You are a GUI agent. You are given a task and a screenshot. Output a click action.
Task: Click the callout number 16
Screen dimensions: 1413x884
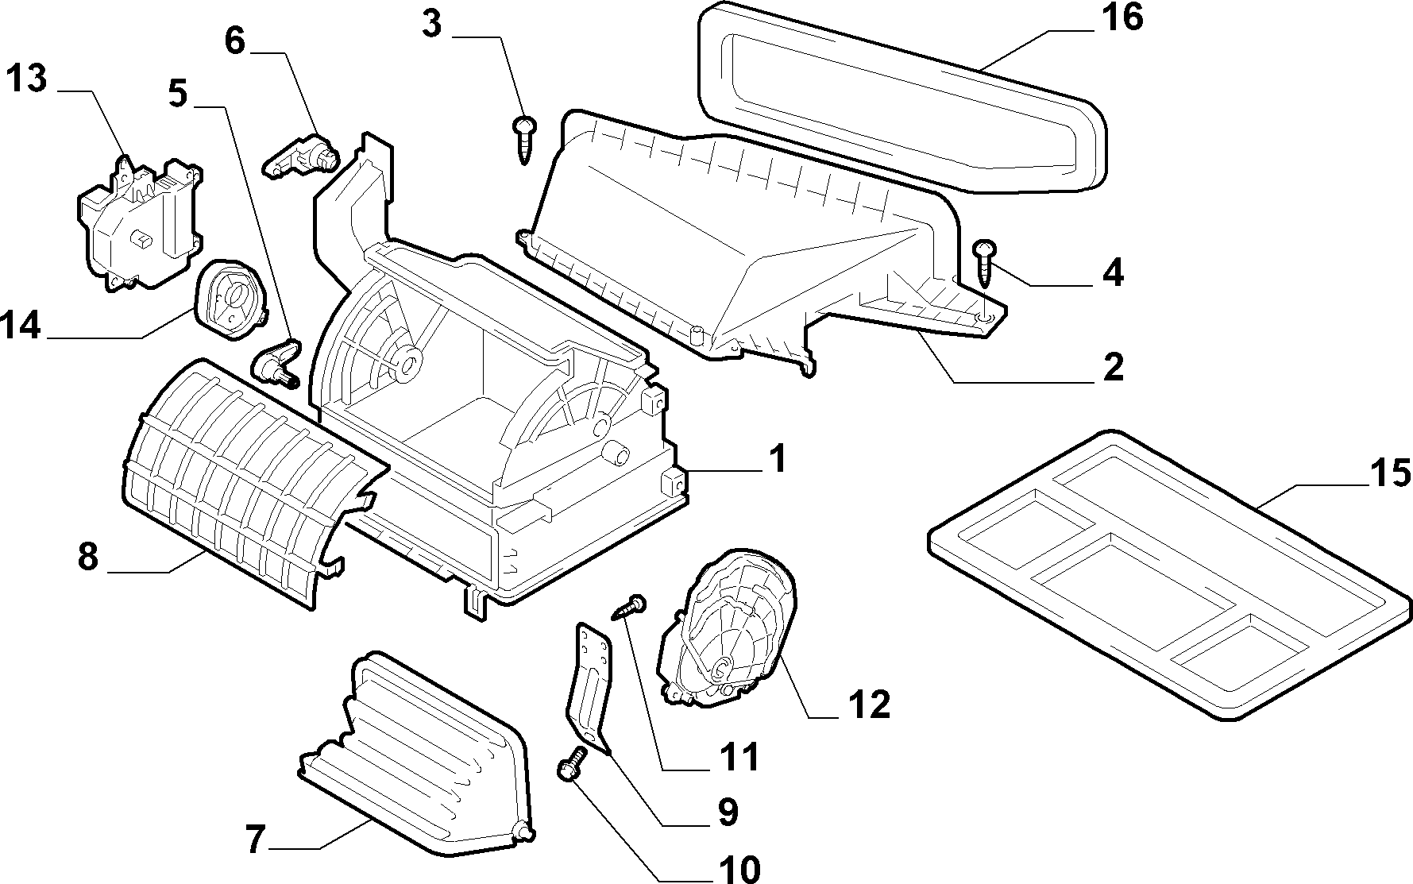[x=1121, y=17]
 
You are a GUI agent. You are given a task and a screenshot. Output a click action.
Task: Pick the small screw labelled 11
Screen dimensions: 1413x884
[x=631, y=608]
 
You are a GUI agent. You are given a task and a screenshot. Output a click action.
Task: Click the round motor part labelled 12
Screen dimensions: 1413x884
[x=728, y=628]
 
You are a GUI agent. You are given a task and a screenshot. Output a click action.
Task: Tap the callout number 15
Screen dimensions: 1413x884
[x=1388, y=473]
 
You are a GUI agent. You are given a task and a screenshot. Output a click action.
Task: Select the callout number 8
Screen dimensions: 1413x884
[x=88, y=557]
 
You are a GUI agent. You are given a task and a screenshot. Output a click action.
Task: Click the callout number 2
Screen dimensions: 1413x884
[x=1113, y=367]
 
